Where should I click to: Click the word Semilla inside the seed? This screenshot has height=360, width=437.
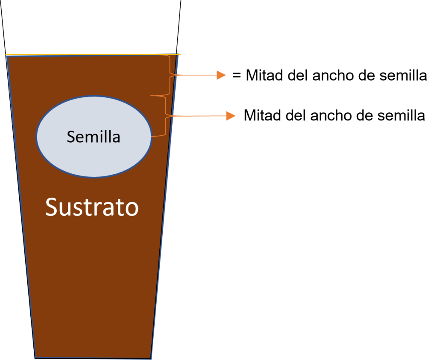tap(94, 137)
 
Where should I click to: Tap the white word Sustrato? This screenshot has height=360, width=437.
tap(92, 207)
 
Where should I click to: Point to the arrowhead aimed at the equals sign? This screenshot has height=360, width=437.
tap(221, 75)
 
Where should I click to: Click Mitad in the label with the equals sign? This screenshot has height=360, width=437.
tap(261, 76)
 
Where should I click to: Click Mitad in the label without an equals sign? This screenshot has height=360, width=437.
tap(259, 116)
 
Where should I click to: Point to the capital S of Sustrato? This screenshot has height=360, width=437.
tap(52, 207)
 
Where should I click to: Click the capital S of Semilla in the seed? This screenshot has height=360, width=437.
tap(71, 137)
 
